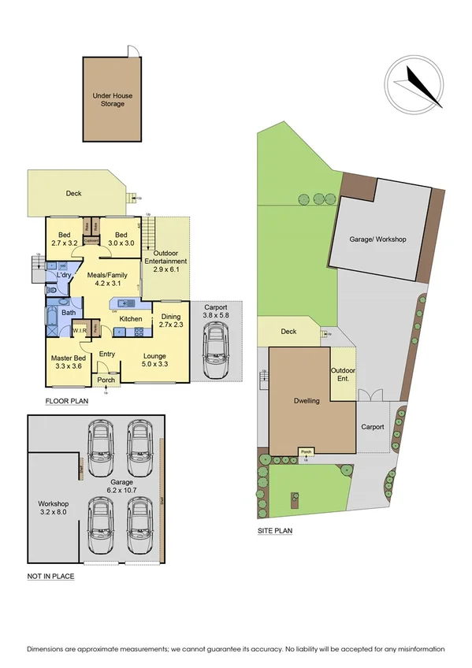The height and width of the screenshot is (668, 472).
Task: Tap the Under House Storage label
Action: point(112,99)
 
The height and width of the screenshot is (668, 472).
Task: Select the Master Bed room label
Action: point(67,362)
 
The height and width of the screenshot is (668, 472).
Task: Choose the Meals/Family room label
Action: point(112,279)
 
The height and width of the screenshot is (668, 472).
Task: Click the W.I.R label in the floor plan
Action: point(80,331)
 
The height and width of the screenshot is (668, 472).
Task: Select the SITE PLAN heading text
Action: point(275,531)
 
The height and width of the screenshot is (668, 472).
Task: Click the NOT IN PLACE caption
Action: point(50,577)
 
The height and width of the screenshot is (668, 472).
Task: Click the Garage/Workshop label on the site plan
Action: point(378,239)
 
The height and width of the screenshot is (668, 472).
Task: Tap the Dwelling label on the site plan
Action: point(307,401)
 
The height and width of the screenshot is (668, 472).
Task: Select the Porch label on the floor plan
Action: point(106,380)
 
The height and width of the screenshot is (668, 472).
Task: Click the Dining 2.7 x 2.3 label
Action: point(171,320)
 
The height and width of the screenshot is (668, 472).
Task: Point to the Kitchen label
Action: point(131,319)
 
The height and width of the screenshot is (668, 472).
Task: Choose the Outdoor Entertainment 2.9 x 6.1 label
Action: point(165,265)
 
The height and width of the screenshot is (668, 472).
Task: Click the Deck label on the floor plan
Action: point(73,193)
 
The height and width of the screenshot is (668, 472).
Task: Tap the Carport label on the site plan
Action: point(372,427)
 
